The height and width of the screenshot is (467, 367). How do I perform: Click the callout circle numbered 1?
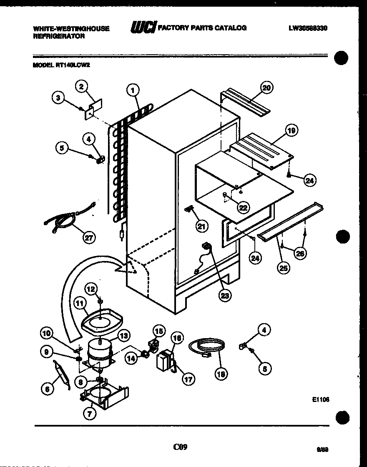pyautogui.click(x=133, y=90)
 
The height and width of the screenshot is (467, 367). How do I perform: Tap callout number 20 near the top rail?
pyautogui.click(x=266, y=88)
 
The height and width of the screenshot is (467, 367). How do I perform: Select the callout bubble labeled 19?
pyautogui.click(x=291, y=131)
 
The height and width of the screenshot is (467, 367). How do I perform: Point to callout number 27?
pyautogui.click(x=89, y=238)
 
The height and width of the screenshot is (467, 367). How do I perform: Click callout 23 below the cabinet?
pyautogui.click(x=226, y=296)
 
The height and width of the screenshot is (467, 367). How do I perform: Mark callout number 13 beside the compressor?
pyautogui.click(x=123, y=335)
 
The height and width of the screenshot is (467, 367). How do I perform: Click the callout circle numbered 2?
pyautogui.click(x=81, y=86)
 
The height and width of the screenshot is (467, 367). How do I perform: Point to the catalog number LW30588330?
pyautogui.click(x=308, y=28)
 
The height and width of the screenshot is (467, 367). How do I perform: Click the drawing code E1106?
pyautogui.click(x=321, y=399)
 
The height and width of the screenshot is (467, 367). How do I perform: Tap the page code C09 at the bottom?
pyautogui.click(x=180, y=447)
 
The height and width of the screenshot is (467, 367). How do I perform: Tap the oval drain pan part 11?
pyautogui.click(x=103, y=321)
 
